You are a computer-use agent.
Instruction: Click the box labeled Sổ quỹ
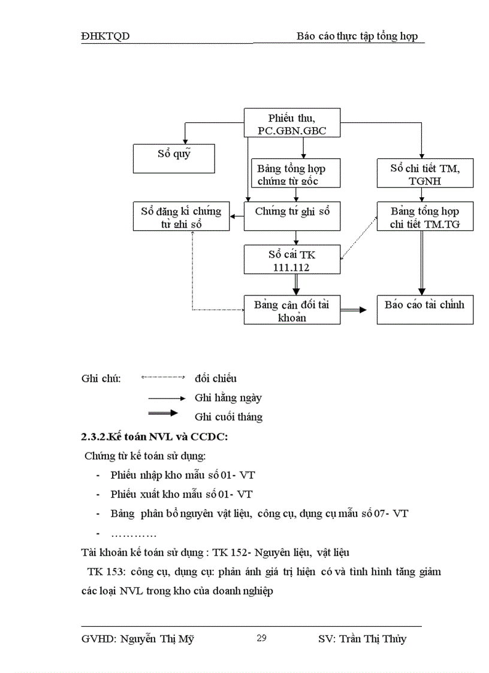point(174,159)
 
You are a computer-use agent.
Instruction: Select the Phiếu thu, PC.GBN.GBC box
point(292,123)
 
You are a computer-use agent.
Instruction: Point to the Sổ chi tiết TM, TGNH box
point(425,174)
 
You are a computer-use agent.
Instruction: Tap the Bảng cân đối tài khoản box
point(292,310)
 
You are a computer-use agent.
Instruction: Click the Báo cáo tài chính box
point(425,310)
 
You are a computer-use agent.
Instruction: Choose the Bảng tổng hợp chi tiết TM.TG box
point(425,216)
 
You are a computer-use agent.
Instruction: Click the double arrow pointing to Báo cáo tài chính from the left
point(354,310)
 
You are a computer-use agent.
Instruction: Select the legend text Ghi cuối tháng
point(228,417)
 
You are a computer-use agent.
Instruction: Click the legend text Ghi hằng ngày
point(228,397)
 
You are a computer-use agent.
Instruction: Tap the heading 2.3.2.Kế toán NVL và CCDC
point(154,436)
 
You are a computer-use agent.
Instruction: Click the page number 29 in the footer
point(261,638)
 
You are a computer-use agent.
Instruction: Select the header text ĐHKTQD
point(105,37)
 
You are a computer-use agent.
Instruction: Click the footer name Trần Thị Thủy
point(372,639)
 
